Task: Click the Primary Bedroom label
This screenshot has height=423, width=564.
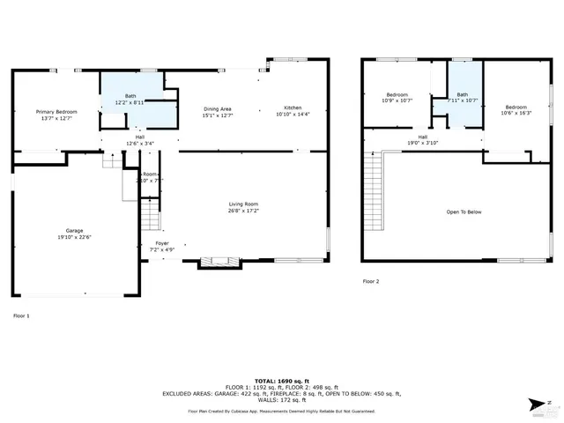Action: coord(56,112)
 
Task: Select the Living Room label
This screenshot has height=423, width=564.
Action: coord(243,204)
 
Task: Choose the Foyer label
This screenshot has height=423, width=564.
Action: coord(161,242)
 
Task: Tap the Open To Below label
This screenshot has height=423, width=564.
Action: coord(463,211)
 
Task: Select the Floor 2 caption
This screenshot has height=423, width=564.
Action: coord(371,281)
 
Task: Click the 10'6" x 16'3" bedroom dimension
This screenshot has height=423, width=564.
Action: coord(516,112)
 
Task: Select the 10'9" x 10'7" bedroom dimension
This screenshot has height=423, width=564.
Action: coord(397,100)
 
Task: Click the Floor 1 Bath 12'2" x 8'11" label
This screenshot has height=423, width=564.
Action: coord(130,102)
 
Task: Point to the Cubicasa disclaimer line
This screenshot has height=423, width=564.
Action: coord(281,411)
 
